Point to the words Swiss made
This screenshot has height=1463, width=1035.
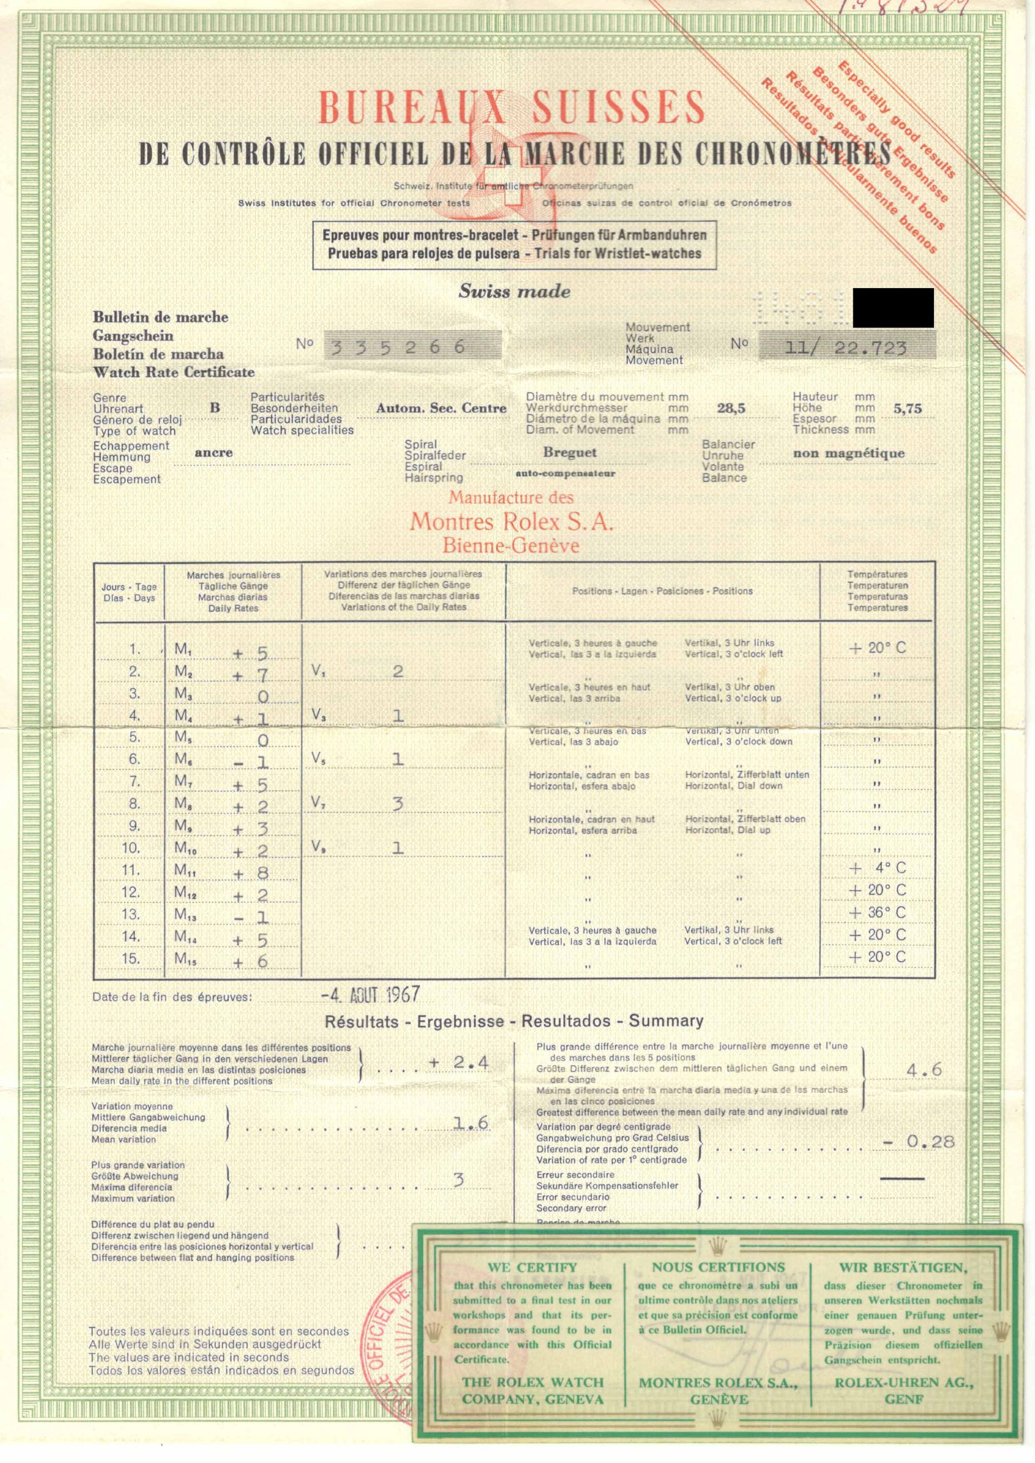[x=514, y=292]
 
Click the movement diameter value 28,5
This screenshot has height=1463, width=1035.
[x=731, y=408]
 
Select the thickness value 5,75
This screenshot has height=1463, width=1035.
[x=908, y=409]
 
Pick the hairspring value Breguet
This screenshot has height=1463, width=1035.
[x=569, y=452]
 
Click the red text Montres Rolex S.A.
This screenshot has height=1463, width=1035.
[x=511, y=522]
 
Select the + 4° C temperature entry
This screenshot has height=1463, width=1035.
[x=877, y=868]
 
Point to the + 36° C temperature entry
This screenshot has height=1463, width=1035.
[x=877, y=912]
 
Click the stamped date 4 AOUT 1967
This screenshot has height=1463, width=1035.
[x=371, y=994]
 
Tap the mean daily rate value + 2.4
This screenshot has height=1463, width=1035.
[x=459, y=1061]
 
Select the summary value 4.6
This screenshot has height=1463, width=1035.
[x=924, y=1069]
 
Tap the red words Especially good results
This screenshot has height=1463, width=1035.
[x=896, y=120]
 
